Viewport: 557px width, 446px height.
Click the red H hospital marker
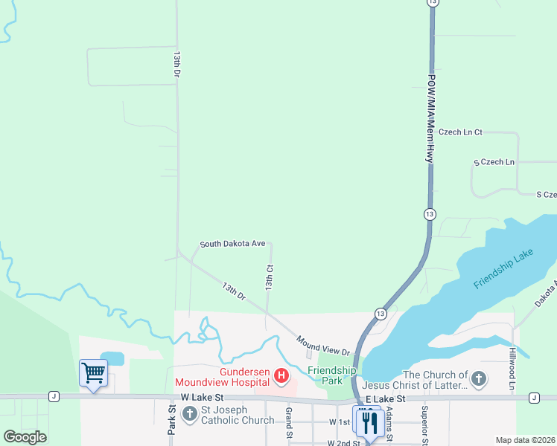point(281,376)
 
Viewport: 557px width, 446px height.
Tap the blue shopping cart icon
point(93,372)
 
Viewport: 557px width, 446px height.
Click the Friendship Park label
point(332,375)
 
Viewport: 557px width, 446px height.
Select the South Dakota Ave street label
point(232,244)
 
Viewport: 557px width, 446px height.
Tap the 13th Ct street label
point(270,277)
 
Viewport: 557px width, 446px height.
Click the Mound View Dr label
point(323,345)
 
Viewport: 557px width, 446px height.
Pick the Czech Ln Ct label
point(460,132)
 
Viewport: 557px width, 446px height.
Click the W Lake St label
point(202,398)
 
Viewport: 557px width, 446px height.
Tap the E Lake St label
point(384,398)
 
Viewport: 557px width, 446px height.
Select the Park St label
point(171,420)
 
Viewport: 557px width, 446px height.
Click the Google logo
point(25,436)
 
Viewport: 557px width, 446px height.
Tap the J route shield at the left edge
point(54,397)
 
